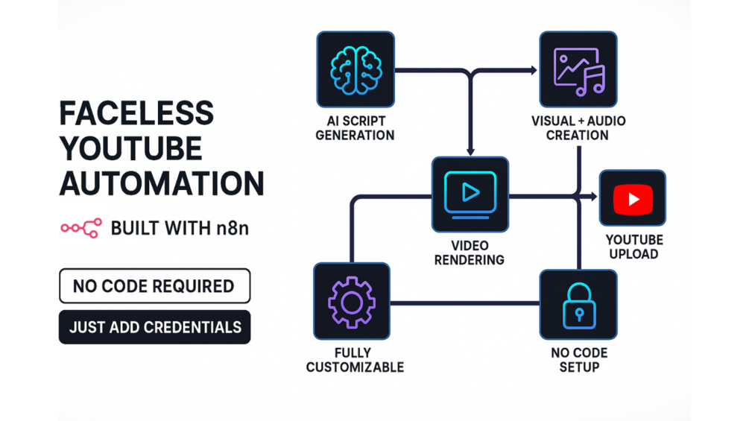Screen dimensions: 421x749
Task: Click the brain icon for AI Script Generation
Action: tap(355, 70)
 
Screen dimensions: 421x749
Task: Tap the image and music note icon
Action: tap(578, 70)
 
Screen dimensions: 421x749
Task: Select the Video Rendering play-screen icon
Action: tap(470, 194)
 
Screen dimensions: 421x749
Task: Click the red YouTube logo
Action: tap(633, 199)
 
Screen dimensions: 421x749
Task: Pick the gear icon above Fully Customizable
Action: tap(351, 301)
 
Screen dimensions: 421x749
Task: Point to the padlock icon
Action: tap(578, 305)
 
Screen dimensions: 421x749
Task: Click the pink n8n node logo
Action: tap(81, 229)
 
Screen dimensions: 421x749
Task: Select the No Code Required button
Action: tap(154, 286)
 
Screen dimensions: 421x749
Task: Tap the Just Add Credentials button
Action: tap(154, 327)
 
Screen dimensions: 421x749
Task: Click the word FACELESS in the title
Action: tap(136, 114)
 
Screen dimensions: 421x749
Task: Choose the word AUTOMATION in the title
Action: tap(162, 183)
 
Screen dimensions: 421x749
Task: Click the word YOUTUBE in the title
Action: tap(130, 148)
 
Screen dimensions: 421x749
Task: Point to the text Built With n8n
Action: tap(180, 228)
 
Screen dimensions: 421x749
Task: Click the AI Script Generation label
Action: tap(355, 127)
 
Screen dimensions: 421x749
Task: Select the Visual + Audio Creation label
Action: tap(578, 127)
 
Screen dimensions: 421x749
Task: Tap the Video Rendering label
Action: tap(470, 253)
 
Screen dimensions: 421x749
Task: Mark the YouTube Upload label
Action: tap(633, 247)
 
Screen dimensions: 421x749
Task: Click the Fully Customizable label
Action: tap(355, 360)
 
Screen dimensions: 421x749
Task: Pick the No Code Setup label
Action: tap(579, 360)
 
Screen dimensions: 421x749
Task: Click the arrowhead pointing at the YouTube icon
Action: tap(593, 196)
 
